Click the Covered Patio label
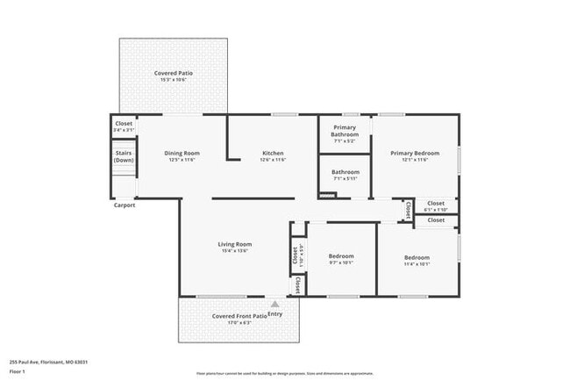pyautogui.click(x=174, y=73)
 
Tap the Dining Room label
pyautogui.click(x=182, y=153)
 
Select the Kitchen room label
pyautogui.click(x=273, y=153)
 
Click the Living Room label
pyautogui.click(x=235, y=243)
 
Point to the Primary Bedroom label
pyautogui.click(x=415, y=153)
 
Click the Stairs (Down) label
pyautogui.click(x=124, y=156)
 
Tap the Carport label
pyautogui.click(x=124, y=205)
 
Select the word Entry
pyautogui.click(x=275, y=313)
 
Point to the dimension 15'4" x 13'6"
pyautogui.click(x=235, y=250)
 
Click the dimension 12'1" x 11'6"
pyautogui.click(x=415, y=160)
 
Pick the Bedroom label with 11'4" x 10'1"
pyautogui.click(x=417, y=257)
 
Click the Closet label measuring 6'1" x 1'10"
pyautogui.click(x=436, y=203)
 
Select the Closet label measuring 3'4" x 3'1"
pyautogui.click(x=124, y=124)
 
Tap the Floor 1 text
pyautogui.click(x=18, y=371)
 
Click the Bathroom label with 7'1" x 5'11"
pyautogui.click(x=345, y=171)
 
